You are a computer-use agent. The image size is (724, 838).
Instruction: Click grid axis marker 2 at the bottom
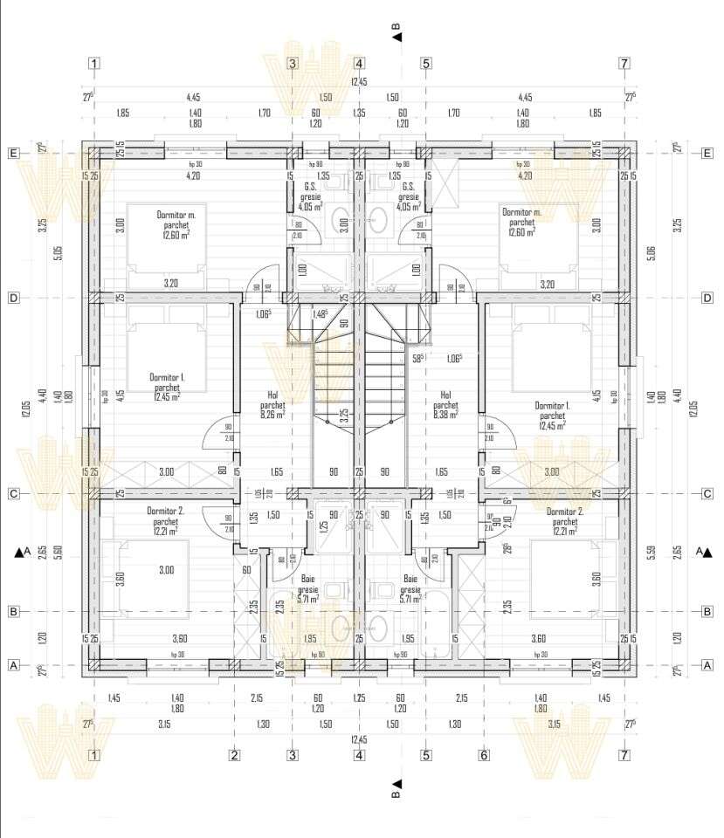[x=234, y=756]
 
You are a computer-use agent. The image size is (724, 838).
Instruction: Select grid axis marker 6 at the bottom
[x=482, y=756]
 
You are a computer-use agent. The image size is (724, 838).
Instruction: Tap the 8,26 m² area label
[x=272, y=415]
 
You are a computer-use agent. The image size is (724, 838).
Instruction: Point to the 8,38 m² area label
[x=445, y=415]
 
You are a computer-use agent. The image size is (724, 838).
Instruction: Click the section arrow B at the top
[x=396, y=32]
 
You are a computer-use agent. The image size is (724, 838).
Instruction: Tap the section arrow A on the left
[x=23, y=552]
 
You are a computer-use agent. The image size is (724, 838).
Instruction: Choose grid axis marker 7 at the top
[x=624, y=64]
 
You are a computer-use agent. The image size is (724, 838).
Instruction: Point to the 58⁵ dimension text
[x=419, y=358]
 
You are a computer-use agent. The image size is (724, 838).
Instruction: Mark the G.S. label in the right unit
[x=407, y=187]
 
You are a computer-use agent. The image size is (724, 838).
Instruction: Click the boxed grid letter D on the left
[x=14, y=298]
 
